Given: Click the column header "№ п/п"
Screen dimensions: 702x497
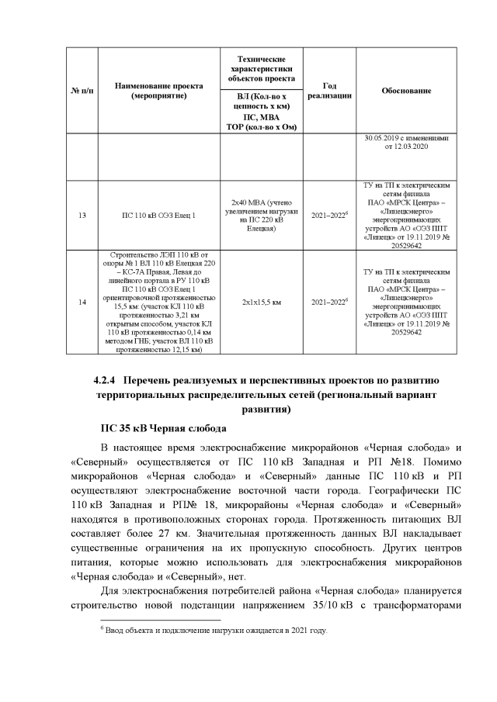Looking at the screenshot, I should tap(82, 91).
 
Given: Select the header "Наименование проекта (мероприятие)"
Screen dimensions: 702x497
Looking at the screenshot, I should tap(158, 91).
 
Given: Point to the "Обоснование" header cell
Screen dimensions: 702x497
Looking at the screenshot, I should tap(406, 91).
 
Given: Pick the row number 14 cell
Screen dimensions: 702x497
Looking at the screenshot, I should tap(82, 302).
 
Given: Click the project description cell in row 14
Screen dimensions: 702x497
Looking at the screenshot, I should tap(158, 302).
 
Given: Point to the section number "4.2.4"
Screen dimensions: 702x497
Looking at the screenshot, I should tap(104, 381).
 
